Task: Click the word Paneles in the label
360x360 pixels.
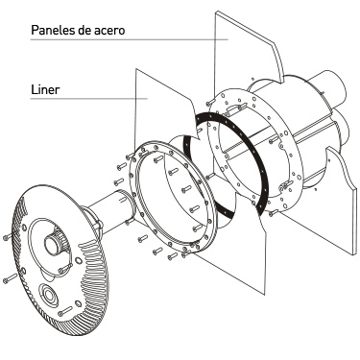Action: (53, 30)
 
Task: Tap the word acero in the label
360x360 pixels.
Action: (109, 31)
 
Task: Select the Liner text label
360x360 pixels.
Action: (45, 89)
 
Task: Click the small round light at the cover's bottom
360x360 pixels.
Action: (49, 295)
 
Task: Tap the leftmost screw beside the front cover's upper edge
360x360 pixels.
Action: (7, 238)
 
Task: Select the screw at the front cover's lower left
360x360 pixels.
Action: (10, 278)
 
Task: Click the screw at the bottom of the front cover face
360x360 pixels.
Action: (65, 311)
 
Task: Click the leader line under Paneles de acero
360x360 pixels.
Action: (130, 39)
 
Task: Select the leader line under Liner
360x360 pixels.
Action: (89, 99)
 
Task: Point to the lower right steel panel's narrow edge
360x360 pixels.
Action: (354, 222)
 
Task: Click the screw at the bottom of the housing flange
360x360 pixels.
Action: (273, 212)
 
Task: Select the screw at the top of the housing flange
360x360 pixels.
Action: (209, 103)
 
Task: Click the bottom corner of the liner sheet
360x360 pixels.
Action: (265, 295)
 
